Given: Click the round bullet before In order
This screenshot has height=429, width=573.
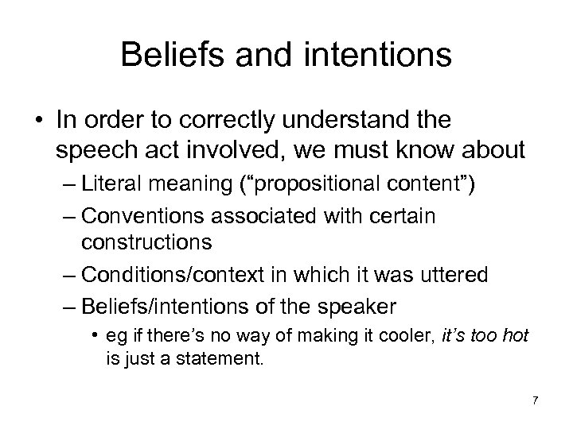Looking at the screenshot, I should coord(37,122).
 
